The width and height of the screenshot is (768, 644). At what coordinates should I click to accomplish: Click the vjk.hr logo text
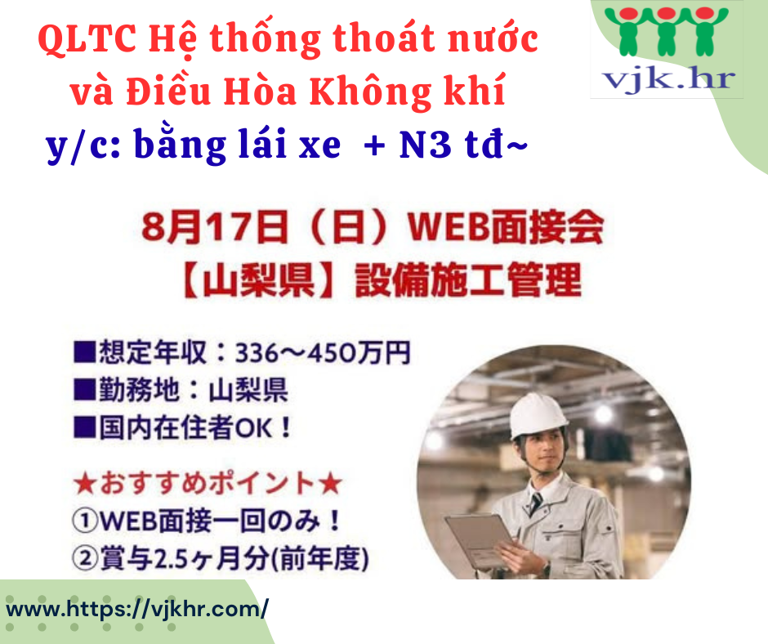pos(668,78)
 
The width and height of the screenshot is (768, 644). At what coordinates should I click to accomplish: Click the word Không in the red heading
pos(371,92)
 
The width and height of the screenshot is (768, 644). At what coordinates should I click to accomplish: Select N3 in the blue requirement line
pos(425,145)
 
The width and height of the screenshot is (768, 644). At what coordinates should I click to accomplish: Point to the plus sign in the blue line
pos(375,146)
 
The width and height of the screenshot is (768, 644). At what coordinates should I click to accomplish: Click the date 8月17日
pos(215,227)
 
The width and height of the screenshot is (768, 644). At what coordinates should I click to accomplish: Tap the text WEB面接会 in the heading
pos(506,227)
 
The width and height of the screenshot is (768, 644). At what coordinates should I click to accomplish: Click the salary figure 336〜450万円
pos(322,352)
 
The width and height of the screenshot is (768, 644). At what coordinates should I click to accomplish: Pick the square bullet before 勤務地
pos(84,390)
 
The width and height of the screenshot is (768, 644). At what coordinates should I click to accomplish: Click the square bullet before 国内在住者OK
pos(84,427)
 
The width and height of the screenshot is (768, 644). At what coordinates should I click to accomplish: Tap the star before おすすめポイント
pos(85,484)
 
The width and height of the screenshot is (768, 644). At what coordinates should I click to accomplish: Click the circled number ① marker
pos(85,521)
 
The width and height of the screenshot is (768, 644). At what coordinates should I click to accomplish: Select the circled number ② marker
pos(85,558)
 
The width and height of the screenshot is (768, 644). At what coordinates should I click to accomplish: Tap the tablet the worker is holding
pos(479,539)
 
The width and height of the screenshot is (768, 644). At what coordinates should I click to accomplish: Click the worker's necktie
pos(535,503)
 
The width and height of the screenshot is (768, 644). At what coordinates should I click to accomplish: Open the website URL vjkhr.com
pos(137,609)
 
